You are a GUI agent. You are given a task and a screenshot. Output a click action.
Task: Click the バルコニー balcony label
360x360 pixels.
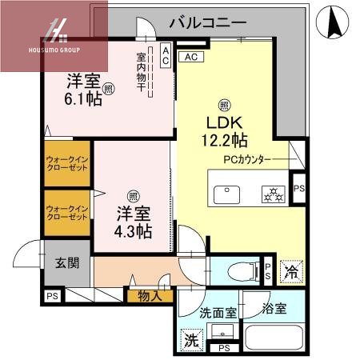coord(207,22)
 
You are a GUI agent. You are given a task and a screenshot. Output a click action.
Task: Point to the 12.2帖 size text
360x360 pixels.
coord(225,141)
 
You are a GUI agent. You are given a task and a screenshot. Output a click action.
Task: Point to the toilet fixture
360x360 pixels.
coord(238,269)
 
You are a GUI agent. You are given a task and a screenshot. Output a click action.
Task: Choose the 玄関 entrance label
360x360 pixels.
coord(66,262)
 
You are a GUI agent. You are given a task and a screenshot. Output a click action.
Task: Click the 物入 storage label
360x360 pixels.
coord(150,296)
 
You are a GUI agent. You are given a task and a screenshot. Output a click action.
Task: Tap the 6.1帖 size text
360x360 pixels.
coord(83,101)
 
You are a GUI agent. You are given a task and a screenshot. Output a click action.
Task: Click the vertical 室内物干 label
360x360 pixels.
coord(141,72)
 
